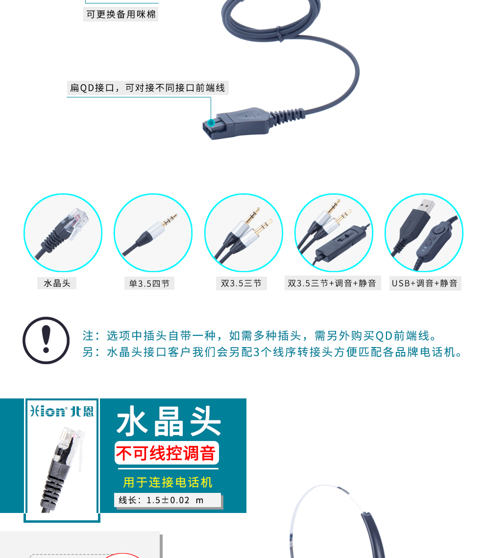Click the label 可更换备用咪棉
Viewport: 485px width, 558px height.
(x=121, y=14)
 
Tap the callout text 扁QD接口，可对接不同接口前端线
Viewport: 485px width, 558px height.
(x=147, y=88)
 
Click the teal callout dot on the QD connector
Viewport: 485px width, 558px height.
(x=211, y=123)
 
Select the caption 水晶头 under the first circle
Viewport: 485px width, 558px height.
(x=57, y=283)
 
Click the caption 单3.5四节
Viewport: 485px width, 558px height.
(x=149, y=283)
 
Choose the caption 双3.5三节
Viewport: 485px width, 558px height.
(x=241, y=283)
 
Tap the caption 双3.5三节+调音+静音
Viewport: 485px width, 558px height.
(x=332, y=283)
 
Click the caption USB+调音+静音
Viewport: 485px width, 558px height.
(x=425, y=283)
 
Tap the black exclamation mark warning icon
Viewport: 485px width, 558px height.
(x=46, y=340)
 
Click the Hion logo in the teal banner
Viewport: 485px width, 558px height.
(x=62, y=411)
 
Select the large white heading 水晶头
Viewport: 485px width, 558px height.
(x=169, y=421)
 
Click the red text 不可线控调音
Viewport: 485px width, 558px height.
(x=166, y=453)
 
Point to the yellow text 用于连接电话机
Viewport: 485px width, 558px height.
(x=168, y=482)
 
